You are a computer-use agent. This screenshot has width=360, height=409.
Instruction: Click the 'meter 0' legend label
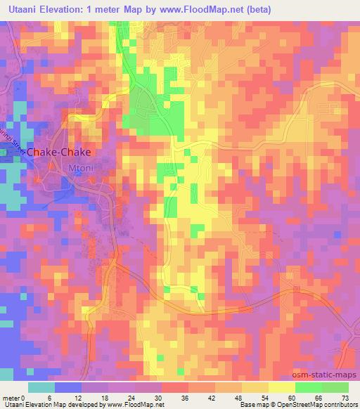coord(15,398)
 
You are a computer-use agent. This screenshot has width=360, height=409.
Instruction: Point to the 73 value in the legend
coord(345,398)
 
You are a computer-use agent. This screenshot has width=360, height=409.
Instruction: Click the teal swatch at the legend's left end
coord(41,387)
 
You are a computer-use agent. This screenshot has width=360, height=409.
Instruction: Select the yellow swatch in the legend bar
coord(281,387)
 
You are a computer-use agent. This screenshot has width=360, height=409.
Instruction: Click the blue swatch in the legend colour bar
coord(67,387)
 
